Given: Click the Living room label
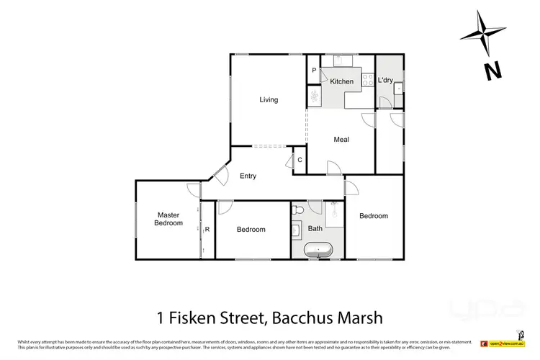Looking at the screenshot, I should (269, 100).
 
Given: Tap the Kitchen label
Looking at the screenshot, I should (342, 81).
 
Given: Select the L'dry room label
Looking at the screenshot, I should (385, 81).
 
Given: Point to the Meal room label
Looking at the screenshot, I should (341, 140).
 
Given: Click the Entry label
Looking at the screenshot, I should (248, 176).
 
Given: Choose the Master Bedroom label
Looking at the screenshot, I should (168, 219).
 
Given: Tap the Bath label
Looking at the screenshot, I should (315, 229).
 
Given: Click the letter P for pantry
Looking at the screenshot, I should (314, 71).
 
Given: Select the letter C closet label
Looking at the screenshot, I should (299, 161).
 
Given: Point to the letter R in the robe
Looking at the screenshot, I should (207, 230).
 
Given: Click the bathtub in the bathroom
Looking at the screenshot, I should (318, 250).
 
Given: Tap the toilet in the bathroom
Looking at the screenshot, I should (299, 211).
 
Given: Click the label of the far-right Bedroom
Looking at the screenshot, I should (374, 216).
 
